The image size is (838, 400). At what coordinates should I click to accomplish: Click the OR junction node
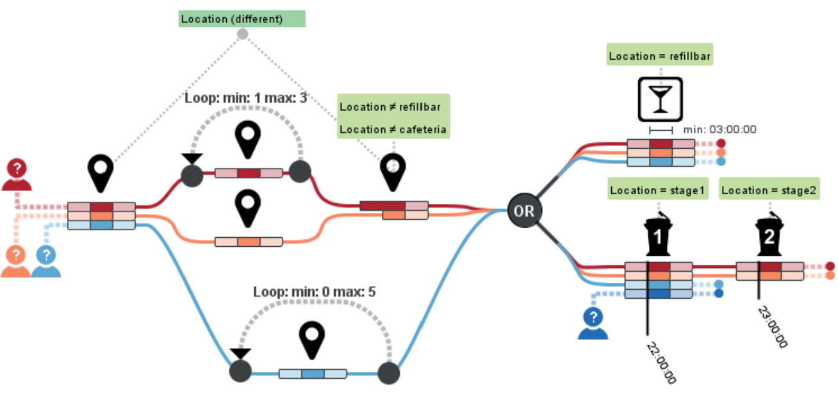(x=523, y=210)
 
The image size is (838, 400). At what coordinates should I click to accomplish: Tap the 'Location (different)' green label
(x=242, y=19)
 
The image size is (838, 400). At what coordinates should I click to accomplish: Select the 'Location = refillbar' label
(x=660, y=56)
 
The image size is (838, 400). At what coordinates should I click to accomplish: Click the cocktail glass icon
(x=660, y=99)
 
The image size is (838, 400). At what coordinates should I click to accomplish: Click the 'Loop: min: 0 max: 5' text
(x=314, y=292)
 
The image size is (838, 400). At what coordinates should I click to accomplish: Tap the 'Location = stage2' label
(x=769, y=190)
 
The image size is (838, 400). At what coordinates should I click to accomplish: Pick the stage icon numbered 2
(x=768, y=235)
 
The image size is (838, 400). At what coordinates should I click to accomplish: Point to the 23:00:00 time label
(x=773, y=326)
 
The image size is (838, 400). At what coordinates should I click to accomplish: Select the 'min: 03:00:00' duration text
(x=719, y=129)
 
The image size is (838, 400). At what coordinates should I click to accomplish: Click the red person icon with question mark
(x=17, y=175)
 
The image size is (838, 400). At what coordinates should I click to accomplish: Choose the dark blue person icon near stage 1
(x=593, y=322)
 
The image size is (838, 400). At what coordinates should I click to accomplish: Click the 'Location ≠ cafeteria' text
(x=393, y=129)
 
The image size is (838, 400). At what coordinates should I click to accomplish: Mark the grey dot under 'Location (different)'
(x=242, y=33)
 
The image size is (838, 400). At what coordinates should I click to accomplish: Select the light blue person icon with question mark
(x=45, y=262)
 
